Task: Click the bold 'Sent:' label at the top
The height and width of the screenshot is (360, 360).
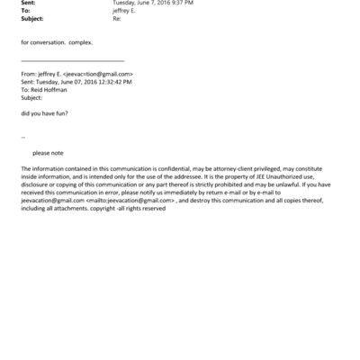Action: coord(27,4)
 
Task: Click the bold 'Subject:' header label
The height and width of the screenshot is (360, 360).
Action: coord(32,18)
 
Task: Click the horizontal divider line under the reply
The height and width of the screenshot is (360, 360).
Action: coord(72,60)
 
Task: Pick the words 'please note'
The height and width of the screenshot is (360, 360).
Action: coord(48,153)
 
